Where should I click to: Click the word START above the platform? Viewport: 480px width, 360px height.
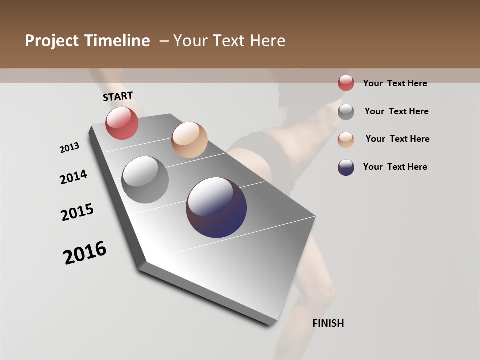pyautogui.click(x=118, y=96)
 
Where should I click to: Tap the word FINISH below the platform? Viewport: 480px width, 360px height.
pyautogui.click(x=328, y=323)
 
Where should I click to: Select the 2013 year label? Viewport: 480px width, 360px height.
pyautogui.click(x=69, y=148)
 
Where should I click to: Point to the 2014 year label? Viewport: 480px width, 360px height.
pyautogui.click(x=73, y=177)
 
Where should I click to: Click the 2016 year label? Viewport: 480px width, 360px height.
pyautogui.click(x=85, y=253)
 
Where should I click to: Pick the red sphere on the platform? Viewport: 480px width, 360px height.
pyautogui.click(x=122, y=123)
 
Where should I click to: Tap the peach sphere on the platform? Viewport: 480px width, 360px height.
pyautogui.click(x=189, y=140)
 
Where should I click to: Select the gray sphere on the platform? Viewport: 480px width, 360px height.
pyautogui.click(x=145, y=180)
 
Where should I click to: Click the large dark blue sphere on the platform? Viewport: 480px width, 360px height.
pyautogui.click(x=216, y=207)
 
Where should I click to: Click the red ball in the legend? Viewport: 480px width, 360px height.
pyautogui.click(x=346, y=83)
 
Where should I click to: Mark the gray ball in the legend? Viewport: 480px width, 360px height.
pyautogui.click(x=346, y=112)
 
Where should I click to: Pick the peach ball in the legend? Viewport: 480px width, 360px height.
pyautogui.click(x=346, y=140)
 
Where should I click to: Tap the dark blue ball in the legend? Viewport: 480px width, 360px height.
pyautogui.click(x=346, y=167)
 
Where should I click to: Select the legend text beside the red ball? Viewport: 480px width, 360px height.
pyautogui.click(x=395, y=84)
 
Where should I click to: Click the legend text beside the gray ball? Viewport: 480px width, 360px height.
pyautogui.click(x=396, y=111)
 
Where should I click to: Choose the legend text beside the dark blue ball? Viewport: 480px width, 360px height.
pyautogui.click(x=395, y=167)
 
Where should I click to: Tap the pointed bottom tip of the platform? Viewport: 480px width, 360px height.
pyautogui.click(x=142, y=265)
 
